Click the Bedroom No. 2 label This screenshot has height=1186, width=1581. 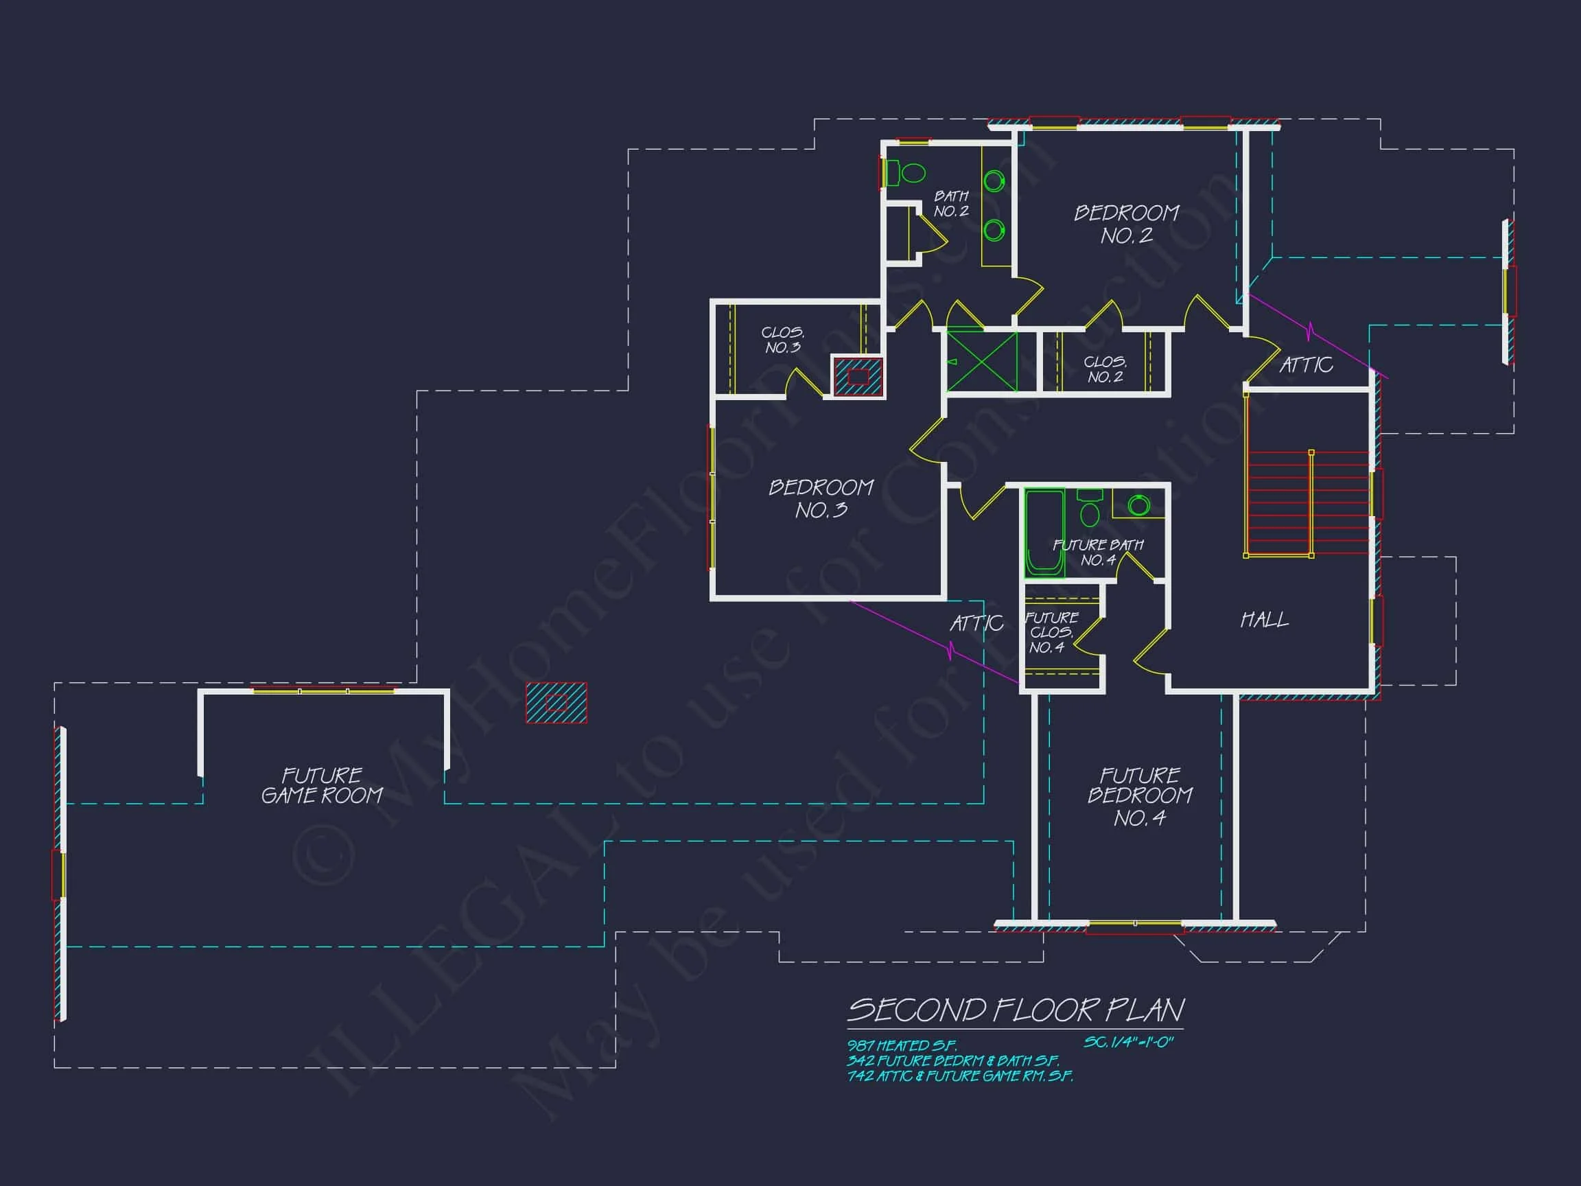pos(1127,224)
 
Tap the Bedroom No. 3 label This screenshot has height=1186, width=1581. pos(821,498)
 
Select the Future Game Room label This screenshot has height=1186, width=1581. pos(322,786)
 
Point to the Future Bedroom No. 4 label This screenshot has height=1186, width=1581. pos(1139,796)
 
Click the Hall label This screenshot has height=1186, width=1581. pos(1265,620)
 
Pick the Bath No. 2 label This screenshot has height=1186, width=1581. pos(950,203)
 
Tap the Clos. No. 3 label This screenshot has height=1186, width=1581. pos(783,340)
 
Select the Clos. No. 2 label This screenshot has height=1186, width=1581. pos(1105,370)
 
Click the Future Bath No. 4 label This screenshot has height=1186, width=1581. pos(1098,552)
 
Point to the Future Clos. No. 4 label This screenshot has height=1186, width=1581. pos(1051,632)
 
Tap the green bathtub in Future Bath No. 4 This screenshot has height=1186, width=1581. pos(1044,533)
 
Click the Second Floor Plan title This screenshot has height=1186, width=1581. pos(1015,1010)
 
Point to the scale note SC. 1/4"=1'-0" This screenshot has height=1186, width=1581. pos(1128,1043)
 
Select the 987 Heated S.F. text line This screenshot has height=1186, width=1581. pos(901,1046)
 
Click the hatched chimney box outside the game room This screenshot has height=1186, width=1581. pos(556,703)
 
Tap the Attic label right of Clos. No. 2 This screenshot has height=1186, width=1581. pos(1306,365)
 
